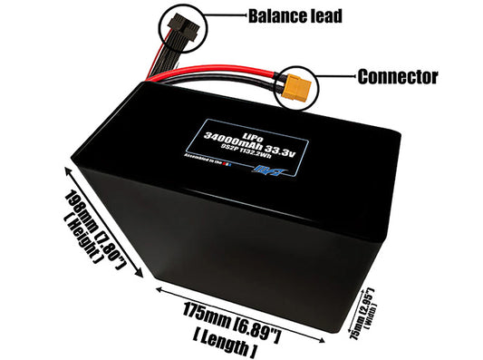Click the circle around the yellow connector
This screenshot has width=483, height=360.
tap(300, 87)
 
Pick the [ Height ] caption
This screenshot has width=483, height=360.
tap(82, 238)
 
